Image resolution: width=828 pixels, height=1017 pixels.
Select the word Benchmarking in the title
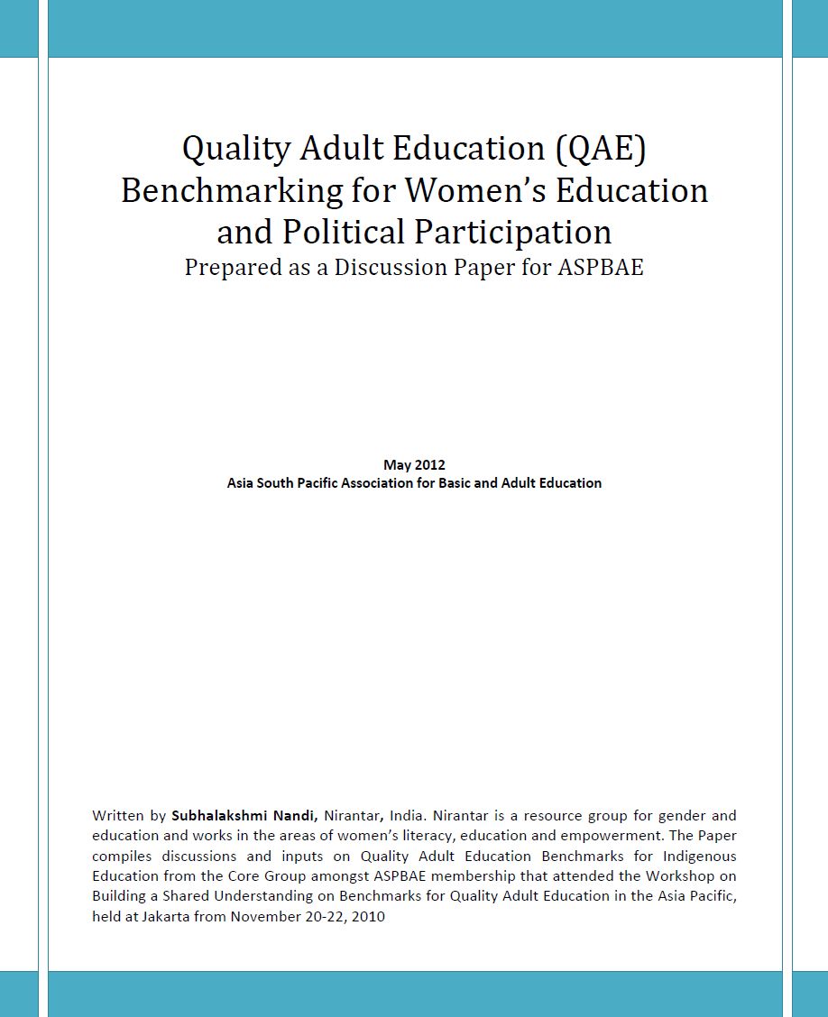click(x=232, y=190)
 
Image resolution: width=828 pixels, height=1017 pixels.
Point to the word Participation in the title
click(x=513, y=232)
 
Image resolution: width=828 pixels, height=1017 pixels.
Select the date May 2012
click(x=414, y=465)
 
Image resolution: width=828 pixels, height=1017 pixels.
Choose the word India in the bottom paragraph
click(x=405, y=816)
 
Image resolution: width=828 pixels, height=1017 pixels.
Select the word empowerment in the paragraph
click(x=596, y=836)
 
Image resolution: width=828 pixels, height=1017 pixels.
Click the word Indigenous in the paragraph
click(x=699, y=856)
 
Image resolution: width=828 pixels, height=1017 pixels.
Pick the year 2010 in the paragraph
click(x=369, y=917)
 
